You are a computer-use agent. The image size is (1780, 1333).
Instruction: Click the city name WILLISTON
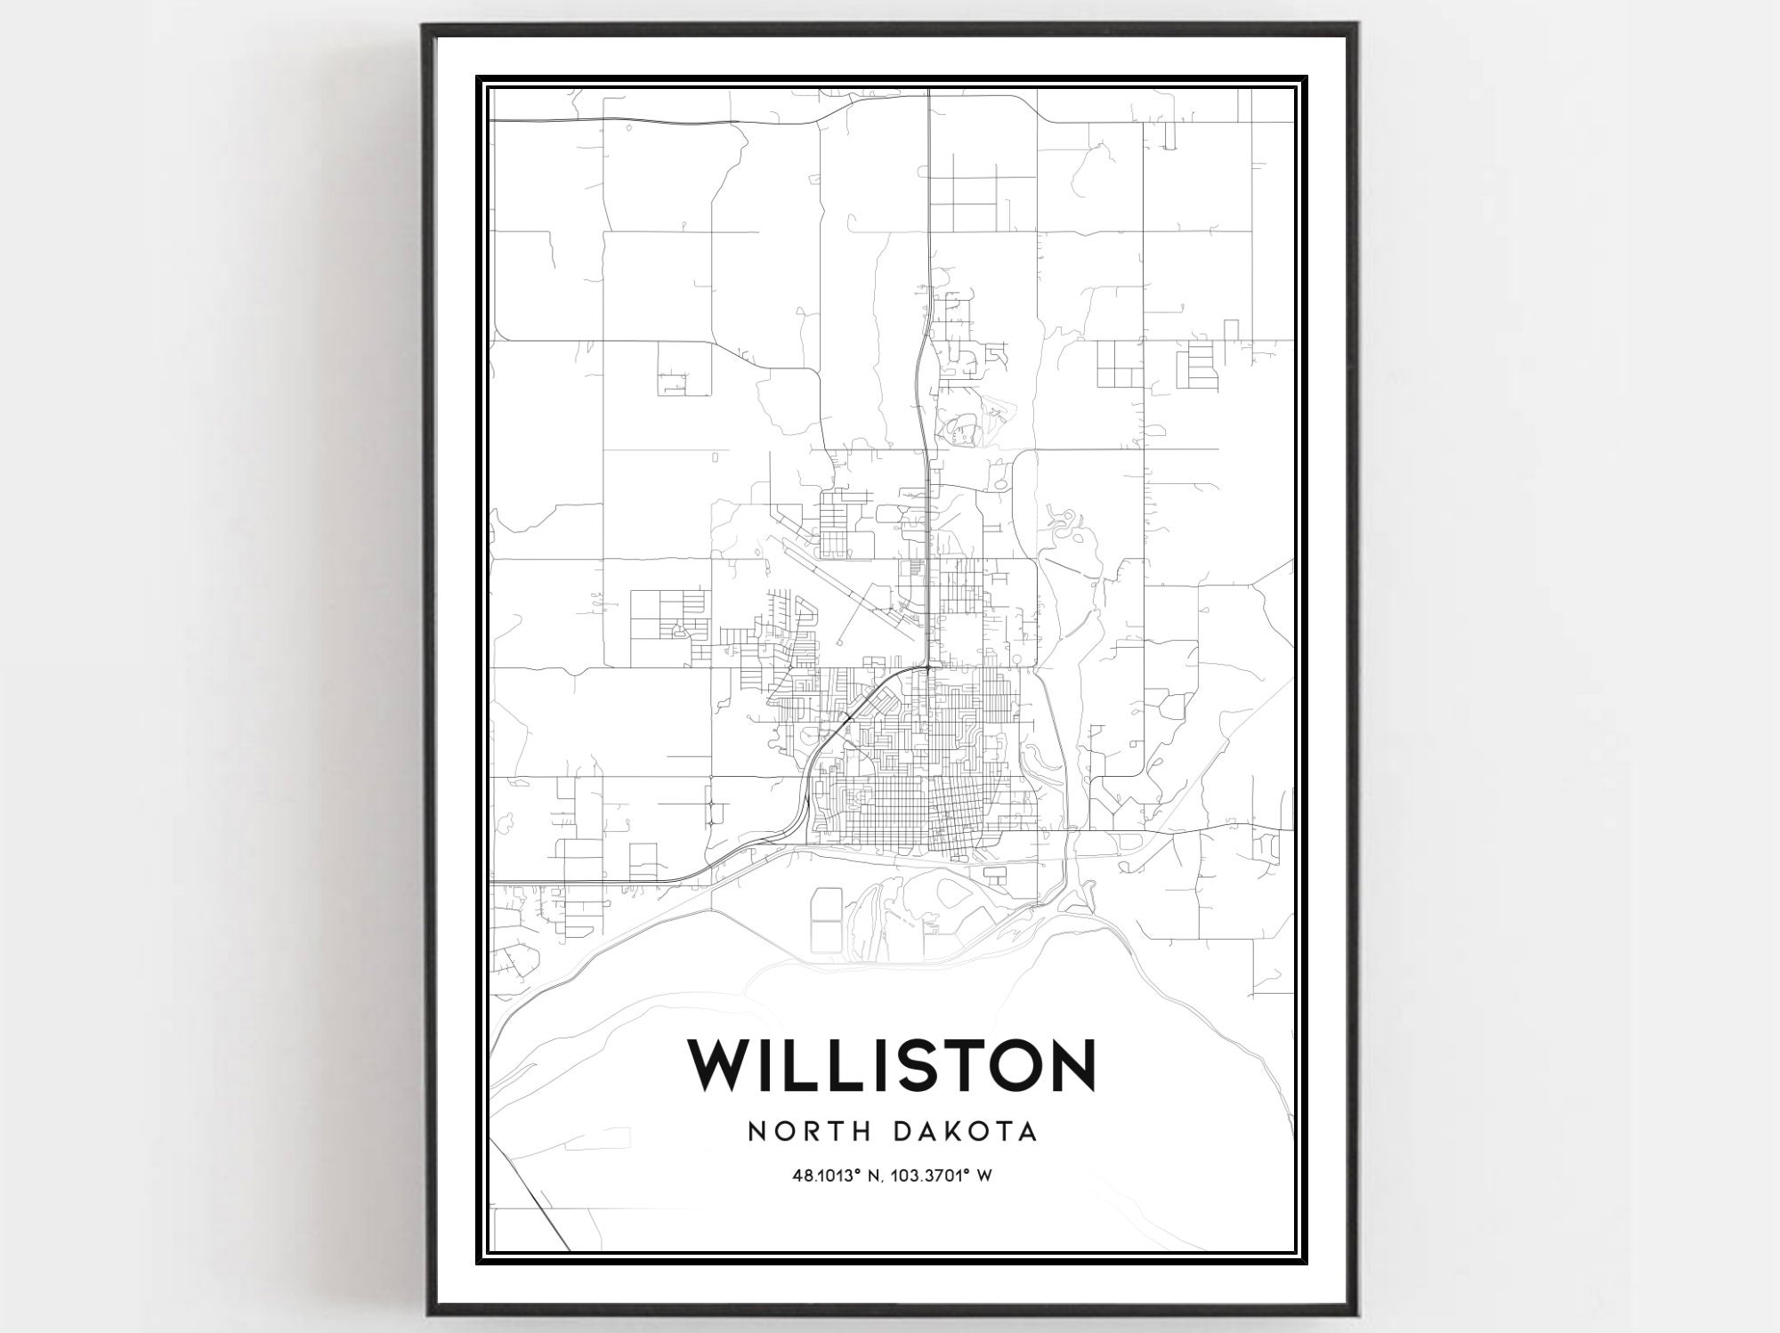tap(891, 1063)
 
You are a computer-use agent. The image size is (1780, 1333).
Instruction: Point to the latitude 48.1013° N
tap(834, 1176)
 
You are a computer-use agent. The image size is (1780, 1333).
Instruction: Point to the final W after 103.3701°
tap(984, 1176)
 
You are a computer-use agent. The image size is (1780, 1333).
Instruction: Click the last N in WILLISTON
tap(1072, 1063)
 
